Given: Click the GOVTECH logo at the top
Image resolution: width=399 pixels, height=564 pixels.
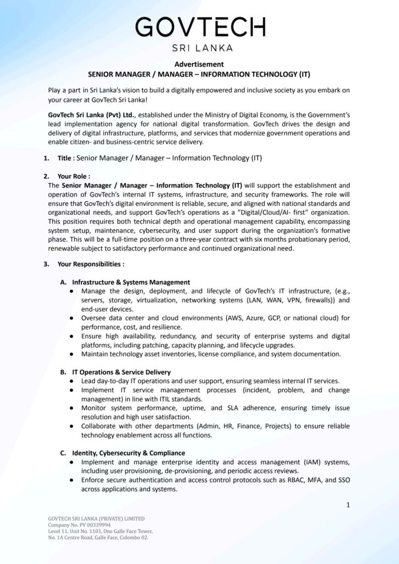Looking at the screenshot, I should pos(200,26).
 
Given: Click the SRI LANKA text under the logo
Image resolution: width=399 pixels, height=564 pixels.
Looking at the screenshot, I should pos(200,48).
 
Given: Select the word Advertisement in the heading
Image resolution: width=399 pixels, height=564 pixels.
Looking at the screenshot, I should pos(199,64).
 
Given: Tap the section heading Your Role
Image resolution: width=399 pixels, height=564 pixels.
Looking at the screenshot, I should pos(74,176).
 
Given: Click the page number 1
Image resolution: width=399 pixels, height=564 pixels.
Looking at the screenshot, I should pos(348,505).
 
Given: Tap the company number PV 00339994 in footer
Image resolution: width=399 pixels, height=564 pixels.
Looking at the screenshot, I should pos(89,525).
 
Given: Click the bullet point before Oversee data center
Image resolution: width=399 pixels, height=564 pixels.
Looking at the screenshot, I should pos(73,318).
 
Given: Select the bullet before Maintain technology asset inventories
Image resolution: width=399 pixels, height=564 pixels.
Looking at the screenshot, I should pos(73,354).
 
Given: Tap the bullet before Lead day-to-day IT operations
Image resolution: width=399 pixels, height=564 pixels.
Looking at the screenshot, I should pos(73,381).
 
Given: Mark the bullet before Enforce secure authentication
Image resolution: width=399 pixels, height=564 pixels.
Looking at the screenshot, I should pos(73,480).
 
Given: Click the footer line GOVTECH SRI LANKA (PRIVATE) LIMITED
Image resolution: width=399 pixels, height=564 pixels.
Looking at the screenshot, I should pos(96,519).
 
